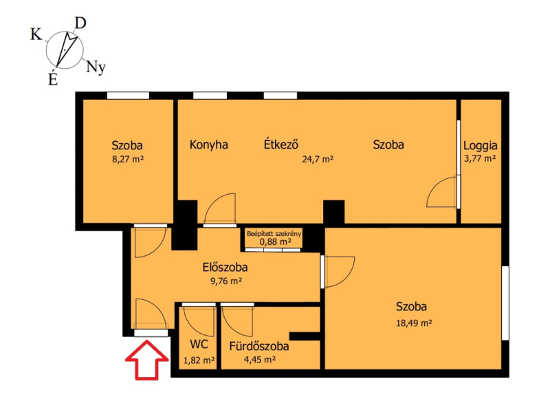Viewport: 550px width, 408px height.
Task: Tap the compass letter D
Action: [x=80, y=23]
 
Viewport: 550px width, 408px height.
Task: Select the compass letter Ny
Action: [x=96, y=67]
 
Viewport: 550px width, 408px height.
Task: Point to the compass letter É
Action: [x=53, y=78]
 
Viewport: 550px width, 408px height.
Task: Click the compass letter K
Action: [x=36, y=35]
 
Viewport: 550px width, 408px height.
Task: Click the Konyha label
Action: [x=209, y=144]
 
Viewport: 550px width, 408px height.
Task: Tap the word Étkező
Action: [x=281, y=144]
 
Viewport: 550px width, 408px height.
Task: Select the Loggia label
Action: [x=480, y=146]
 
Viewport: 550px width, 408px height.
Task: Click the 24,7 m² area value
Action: [x=318, y=160]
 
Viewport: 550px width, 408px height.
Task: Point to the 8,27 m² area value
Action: [x=128, y=160]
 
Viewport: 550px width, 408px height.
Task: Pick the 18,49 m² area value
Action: [x=414, y=323]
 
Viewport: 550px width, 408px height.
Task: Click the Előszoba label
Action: [x=225, y=267]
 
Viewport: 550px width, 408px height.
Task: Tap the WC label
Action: [x=199, y=344]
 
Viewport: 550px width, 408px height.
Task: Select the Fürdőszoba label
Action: [x=259, y=346]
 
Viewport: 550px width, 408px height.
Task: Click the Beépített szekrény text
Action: [x=274, y=234]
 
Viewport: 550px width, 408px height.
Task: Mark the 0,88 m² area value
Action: [x=276, y=241]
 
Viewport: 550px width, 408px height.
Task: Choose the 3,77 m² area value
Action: [x=480, y=159]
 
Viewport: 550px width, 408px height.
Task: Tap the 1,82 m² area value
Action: [x=199, y=361]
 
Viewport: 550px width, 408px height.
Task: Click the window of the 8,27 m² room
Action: [x=128, y=96]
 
